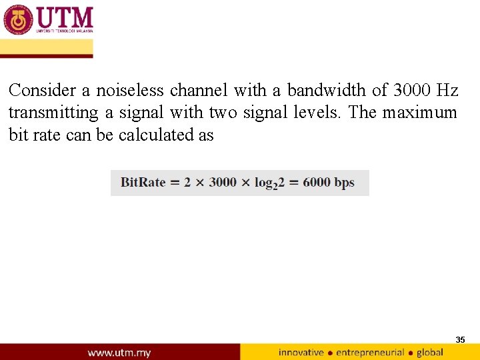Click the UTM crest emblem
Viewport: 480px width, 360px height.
pyautogui.click(x=18, y=20)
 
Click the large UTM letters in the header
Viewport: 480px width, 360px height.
pyautogui.click(x=65, y=17)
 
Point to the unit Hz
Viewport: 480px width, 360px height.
pyautogui.click(x=447, y=90)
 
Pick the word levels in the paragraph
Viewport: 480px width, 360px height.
pyautogui.click(x=317, y=113)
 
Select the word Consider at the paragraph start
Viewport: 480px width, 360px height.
pyautogui.click(x=40, y=90)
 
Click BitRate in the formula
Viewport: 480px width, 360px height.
pyautogui.click(x=143, y=183)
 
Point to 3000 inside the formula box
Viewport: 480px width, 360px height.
pyautogui.click(x=222, y=183)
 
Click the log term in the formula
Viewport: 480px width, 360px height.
pyautogui.click(x=269, y=183)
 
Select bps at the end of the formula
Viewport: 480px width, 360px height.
pyautogui.click(x=345, y=183)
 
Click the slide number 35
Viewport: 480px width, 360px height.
pyautogui.click(x=460, y=340)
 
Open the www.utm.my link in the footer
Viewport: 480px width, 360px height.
pyautogui.click(x=119, y=352)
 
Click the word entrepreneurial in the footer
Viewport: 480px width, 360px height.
pyautogui.click(x=370, y=352)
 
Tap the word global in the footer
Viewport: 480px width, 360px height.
pyautogui.click(x=429, y=352)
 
